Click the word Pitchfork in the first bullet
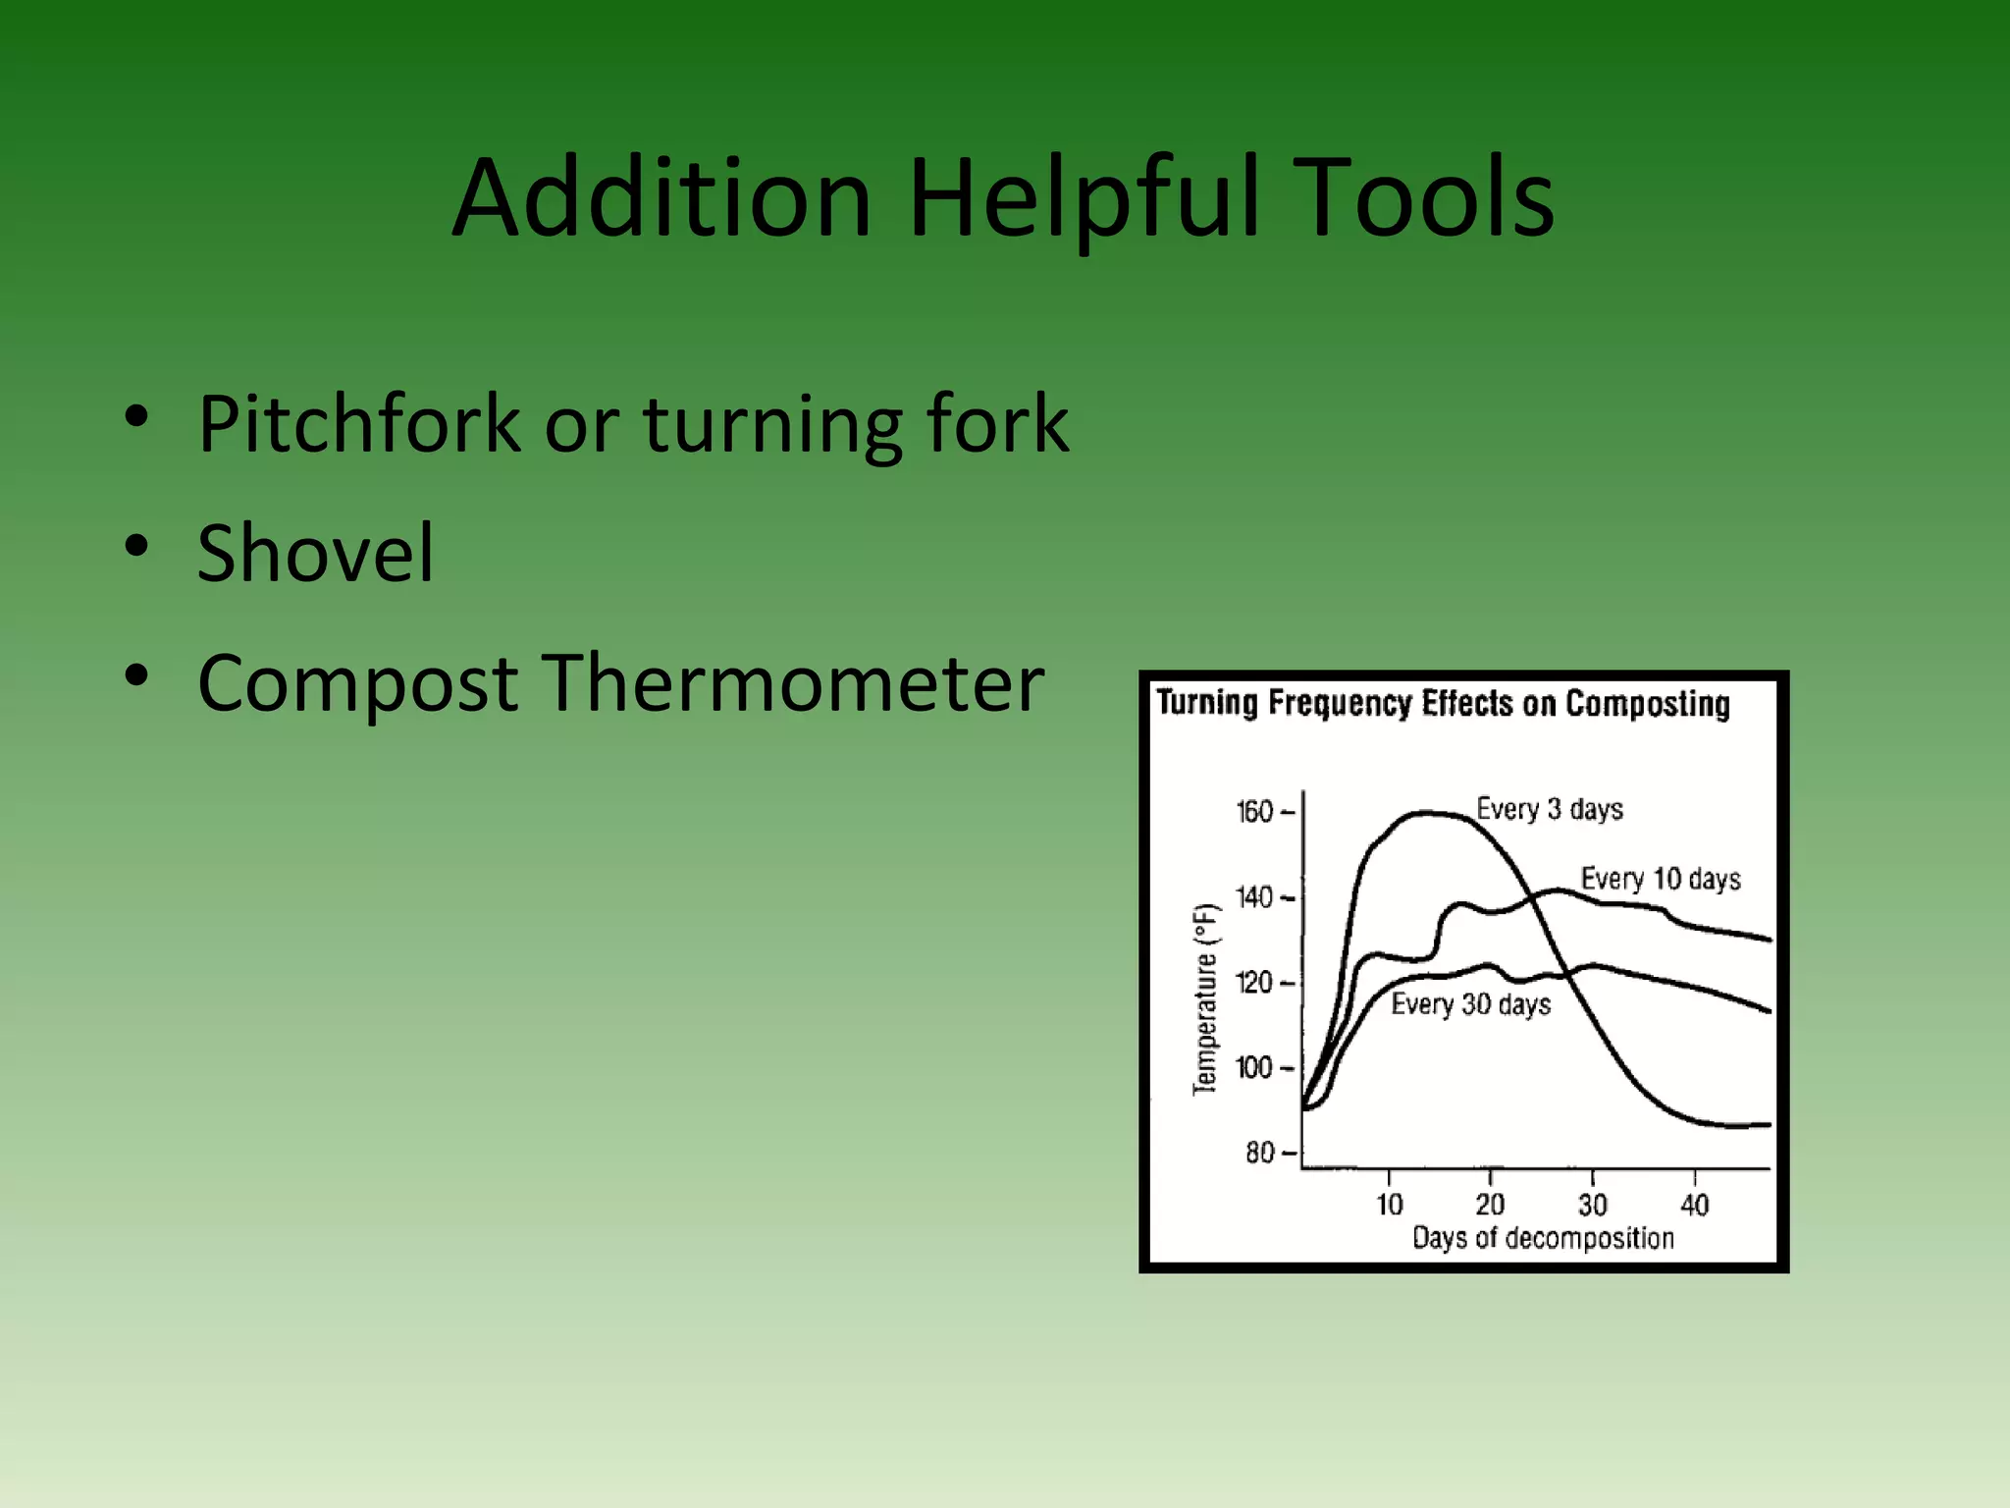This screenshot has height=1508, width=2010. coord(358,424)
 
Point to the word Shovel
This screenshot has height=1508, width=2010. coord(315,553)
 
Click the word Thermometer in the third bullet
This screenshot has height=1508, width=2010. coord(795,682)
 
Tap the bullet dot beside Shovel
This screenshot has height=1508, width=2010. coord(136,546)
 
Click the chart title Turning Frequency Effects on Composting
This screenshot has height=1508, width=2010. coord(1443,703)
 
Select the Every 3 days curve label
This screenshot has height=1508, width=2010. coord(1549,809)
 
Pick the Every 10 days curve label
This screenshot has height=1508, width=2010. coord(1660,878)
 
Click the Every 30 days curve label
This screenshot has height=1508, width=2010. coord(1470,1003)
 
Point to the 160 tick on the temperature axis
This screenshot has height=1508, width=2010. coord(1255,812)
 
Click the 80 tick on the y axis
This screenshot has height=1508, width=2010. coord(1260,1153)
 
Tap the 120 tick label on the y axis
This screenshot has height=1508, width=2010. coord(1255,983)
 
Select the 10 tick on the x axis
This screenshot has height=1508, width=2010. coord(1389,1205)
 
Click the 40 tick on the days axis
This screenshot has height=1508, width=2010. coord(1695,1205)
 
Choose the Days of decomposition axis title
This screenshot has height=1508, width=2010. coord(1543,1238)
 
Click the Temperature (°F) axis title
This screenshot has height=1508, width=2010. coord(1204,999)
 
